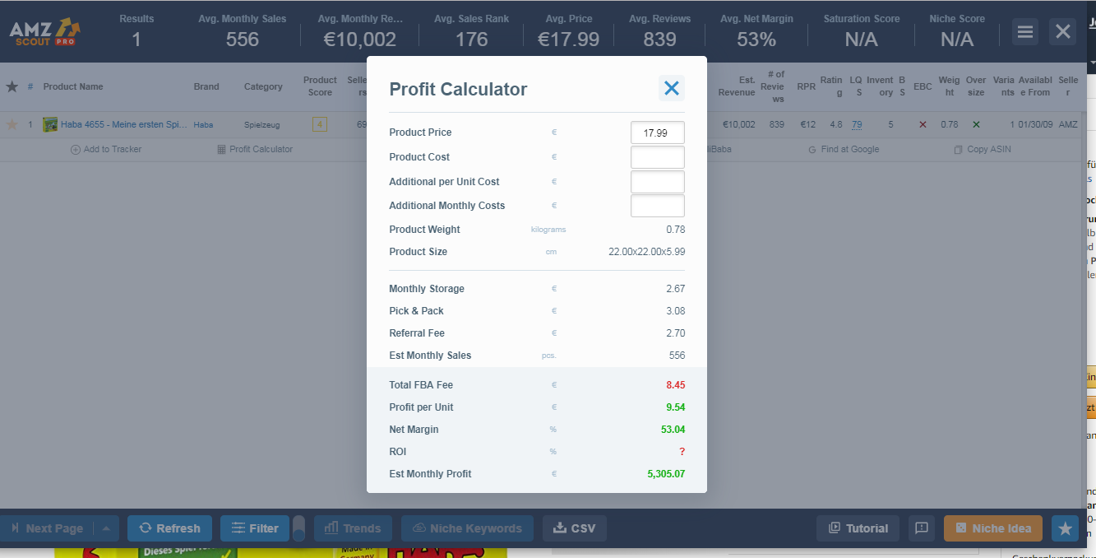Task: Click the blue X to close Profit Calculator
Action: [672, 88]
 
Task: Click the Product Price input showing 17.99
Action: [657, 133]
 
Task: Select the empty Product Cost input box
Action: [657, 157]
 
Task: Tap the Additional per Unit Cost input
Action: [657, 182]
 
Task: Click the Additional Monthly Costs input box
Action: [657, 206]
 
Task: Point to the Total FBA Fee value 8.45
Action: [675, 385]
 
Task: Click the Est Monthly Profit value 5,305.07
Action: [666, 474]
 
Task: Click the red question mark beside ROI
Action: [682, 452]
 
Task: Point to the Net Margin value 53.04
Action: [673, 430]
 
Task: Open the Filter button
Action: [255, 528]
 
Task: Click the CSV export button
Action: [574, 528]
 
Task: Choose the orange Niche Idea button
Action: [992, 528]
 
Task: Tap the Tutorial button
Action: [858, 528]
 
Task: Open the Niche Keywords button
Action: [466, 528]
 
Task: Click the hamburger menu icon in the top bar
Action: [1024, 31]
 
